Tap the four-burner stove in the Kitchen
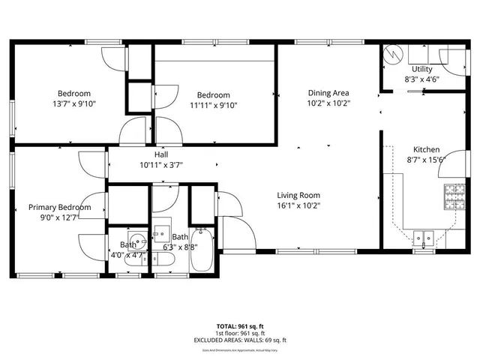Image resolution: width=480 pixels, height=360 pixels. [x=454, y=196]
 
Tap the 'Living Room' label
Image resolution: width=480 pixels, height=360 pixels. [x=298, y=194]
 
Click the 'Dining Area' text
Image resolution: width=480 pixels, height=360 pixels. [x=328, y=94]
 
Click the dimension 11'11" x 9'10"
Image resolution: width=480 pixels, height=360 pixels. [x=213, y=105]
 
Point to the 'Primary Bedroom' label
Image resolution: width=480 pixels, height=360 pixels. [x=60, y=207]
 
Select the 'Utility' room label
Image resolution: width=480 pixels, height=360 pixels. [x=421, y=68]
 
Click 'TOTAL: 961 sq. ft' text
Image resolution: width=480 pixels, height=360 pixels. [x=239, y=326]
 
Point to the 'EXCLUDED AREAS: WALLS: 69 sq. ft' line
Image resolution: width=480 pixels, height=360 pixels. [x=239, y=340]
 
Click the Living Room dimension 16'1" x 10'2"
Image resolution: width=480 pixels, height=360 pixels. [x=298, y=205]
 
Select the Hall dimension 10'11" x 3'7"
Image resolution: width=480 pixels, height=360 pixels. [x=161, y=164]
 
